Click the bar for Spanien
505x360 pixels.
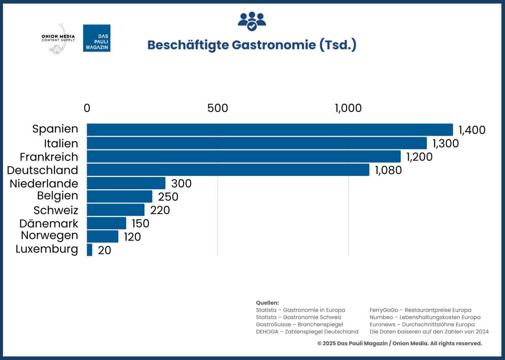click(x=269, y=130)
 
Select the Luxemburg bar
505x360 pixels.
click(x=89, y=250)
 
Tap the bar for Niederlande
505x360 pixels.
click(x=126, y=183)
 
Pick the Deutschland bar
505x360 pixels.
click(x=228, y=170)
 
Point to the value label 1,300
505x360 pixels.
click(x=446, y=143)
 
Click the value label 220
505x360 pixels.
click(x=160, y=210)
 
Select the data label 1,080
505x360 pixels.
click(x=388, y=170)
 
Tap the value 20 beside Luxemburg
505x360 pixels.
click(x=104, y=251)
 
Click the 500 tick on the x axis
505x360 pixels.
click(x=218, y=108)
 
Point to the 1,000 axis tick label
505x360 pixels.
click(x=348, y=108)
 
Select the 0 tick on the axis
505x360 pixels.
click(x=87, y=108)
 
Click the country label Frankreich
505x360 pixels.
click(x=49, y=157)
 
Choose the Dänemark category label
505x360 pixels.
click(x=49, y=223)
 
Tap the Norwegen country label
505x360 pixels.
click(x=50, y=236)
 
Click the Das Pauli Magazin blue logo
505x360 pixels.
click(x=97, y=38)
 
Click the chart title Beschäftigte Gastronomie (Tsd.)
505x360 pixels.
click(x=252, y=45)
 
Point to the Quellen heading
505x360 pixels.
click(x=267, y=303)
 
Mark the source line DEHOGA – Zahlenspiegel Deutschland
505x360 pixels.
click(x=307, y=331)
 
